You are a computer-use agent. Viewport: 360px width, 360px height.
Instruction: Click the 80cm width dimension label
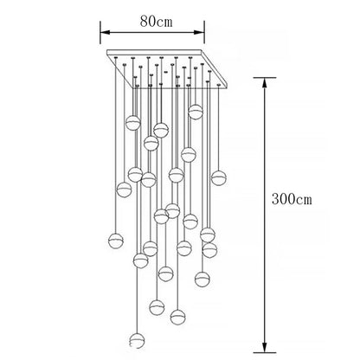click(x=157, y=21)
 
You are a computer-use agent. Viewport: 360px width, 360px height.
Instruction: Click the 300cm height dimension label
click(x=292, y=199)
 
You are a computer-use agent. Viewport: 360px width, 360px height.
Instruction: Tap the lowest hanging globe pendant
click(x=137, y=341)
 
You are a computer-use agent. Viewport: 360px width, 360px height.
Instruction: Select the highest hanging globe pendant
click(x=196, y=112)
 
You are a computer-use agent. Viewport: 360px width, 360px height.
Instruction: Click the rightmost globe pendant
click(x=218, y=177)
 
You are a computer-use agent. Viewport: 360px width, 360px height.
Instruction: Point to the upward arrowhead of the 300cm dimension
click(x=264, y=83)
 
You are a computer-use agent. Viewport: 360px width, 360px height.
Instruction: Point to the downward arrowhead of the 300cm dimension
click(x=264, y=347)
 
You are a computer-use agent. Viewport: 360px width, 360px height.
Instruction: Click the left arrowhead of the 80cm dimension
click(x=105, y=32)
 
